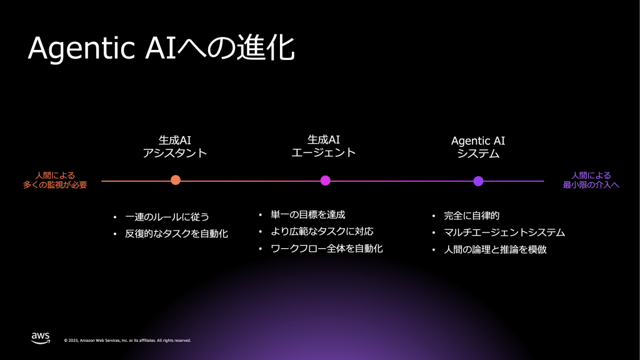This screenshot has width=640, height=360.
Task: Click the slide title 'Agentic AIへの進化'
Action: pyautogui.click(x=161, y=49)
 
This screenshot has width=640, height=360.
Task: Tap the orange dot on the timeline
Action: pyautogui.click(x=176, y=181)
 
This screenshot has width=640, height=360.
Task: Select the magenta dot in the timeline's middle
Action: pyautogui.click(x=325, y=181)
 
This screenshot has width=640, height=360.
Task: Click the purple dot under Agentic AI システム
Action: pyautogui.click(x=478, y=181)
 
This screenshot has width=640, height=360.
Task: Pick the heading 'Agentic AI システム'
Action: pyautogui.click(x=478, y=146)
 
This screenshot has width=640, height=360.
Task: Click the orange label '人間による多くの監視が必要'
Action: pyautogui.click(x=56, y=180)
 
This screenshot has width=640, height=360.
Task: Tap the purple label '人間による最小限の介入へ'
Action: pyautogui.click(x=591, y=180)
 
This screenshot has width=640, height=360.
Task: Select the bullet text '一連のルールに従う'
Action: pyautogui.click(x=167, y=217)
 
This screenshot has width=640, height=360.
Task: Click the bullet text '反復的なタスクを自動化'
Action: pyautogui.click(x=177, y=234)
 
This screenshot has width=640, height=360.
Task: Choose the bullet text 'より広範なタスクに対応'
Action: pyautogui.click(x=322, y=232)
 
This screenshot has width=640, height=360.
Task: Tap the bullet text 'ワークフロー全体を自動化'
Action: pyautogui.click(x=327, y=249)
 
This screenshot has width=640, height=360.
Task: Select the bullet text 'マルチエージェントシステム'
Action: pyautogui.click(x=504, y=232)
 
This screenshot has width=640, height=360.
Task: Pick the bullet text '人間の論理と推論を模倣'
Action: pyautogui.click(x=498, y=249)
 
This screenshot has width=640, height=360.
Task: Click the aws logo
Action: pyautogui.click(x=41, y=337)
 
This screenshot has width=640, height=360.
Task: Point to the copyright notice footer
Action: pyautogui.click(x=127, y=341)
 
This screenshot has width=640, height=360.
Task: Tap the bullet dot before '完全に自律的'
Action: pyautogui.click(x=434, y=216)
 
